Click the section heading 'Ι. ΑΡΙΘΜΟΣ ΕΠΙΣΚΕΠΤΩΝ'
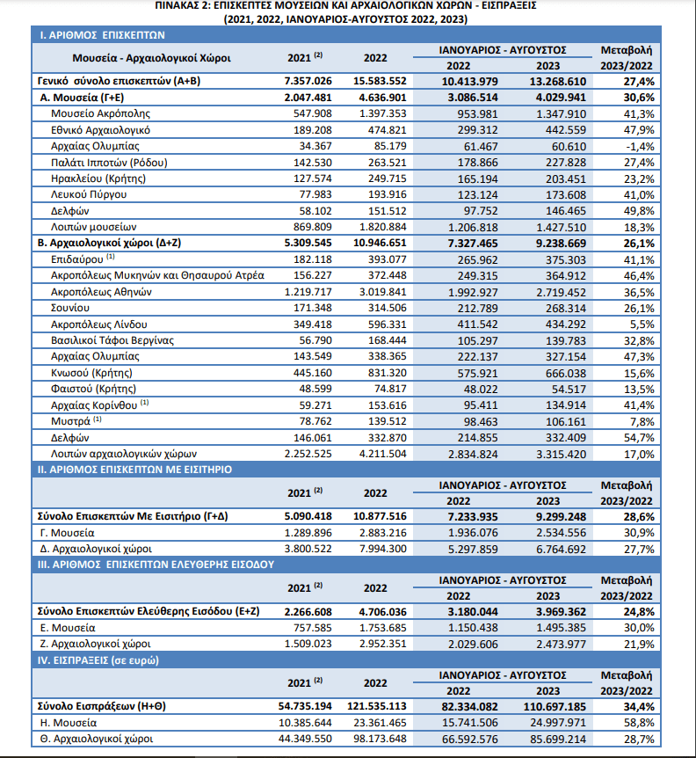point(102,35)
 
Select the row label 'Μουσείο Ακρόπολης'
point(100,113)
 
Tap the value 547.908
point(313,113)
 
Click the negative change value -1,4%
point(639,147)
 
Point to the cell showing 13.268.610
point(557,81)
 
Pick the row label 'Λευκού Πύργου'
point(89,195)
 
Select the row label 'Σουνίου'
point(70,308)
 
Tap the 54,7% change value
point(639,438)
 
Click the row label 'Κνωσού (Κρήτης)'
point(91,373)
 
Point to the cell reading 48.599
point(315,390)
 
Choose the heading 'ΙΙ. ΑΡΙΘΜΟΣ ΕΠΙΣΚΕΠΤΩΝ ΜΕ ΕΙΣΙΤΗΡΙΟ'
point(134,470)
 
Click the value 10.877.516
point(380,516)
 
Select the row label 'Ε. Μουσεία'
point(68,628)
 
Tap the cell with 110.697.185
point(555,707)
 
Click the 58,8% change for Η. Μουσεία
point(639,723)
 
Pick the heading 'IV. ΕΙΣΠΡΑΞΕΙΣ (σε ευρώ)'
point(98,660)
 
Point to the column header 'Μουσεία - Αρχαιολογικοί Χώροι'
point(151,58)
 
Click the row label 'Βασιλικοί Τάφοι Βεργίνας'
point(112,341)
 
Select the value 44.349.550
point(305,740)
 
